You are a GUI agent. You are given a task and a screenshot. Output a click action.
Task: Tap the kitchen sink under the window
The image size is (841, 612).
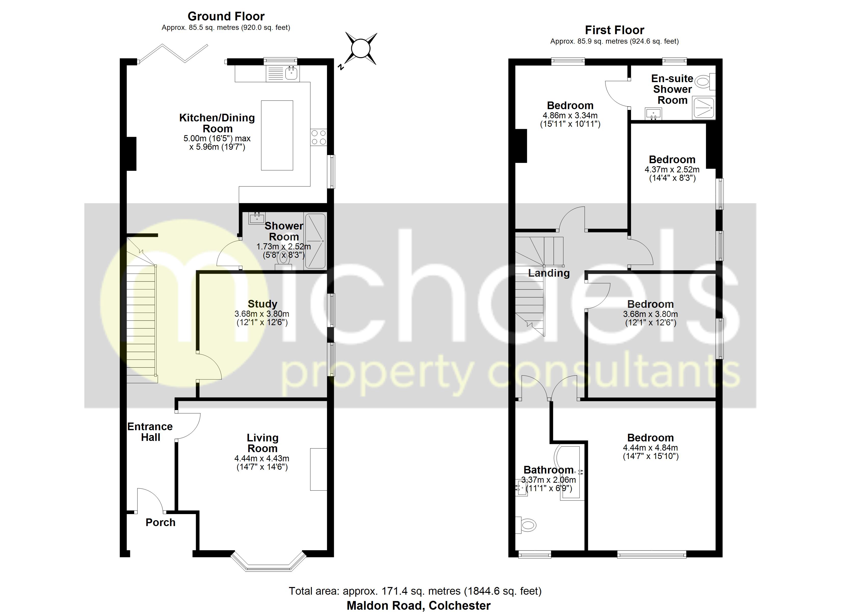coord(292,73)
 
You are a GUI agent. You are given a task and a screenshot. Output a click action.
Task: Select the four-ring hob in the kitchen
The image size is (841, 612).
coord(319,137)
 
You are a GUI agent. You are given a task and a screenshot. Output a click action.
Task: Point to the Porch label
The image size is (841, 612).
coord(160,522)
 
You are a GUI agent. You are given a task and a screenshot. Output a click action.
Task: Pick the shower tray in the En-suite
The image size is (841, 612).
coord(703,108)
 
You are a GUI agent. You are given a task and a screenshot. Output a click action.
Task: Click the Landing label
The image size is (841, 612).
coord(548,273)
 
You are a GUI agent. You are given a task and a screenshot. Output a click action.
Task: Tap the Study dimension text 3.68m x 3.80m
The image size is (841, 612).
coord(262,314)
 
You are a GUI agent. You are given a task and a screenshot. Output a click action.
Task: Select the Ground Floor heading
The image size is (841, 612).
coord(226,16)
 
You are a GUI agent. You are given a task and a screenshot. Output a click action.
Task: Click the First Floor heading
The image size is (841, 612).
coord(614,30)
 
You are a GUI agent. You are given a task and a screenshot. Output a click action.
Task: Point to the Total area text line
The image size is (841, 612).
coord(415,591)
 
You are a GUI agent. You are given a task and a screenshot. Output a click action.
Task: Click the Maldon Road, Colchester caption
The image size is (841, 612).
coord(418,605)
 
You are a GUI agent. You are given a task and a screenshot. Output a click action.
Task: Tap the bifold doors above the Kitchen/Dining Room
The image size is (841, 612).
coord(173,54)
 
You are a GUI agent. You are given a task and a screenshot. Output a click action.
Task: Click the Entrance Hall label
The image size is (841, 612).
coord(150,432)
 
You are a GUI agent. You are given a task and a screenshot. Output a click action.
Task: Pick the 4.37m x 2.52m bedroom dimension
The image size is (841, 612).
coord(672,170)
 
